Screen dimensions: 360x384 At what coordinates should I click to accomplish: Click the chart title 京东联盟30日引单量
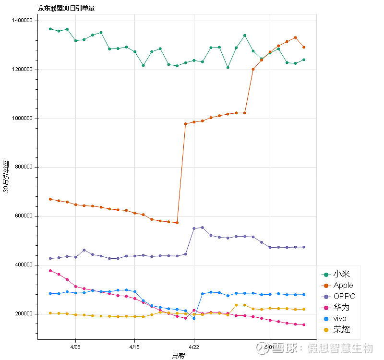(x=66, y=8)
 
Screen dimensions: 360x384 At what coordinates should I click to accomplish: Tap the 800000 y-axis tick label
(x=22, y=167)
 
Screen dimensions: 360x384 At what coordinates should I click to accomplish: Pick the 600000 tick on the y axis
(x=22, y=216)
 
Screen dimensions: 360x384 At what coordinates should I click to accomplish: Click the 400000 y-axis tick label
(x=22, y=265)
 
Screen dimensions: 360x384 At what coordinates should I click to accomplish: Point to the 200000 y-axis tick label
(x=22, y=314)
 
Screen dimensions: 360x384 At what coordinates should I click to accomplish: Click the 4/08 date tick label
(x=75, y=347)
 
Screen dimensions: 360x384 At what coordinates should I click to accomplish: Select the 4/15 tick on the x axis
(x=134, y=347)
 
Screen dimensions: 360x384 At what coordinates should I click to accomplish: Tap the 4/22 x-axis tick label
(x=194, y=347)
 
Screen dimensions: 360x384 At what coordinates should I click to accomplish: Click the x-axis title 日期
(x=178, y=356)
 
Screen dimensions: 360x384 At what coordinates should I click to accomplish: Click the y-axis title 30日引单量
(x=6, y=177)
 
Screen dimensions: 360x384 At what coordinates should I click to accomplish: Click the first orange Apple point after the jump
(x=185, y=124)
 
